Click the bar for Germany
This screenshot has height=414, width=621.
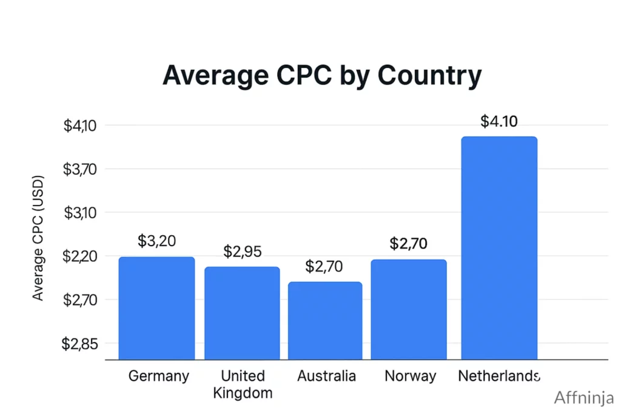coord(156,308)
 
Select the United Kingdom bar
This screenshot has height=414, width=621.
coord(242,313)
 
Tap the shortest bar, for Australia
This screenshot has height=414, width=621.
coord(324,321)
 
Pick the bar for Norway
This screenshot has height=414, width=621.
coord(408,309)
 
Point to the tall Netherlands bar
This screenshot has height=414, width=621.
coord(499,248)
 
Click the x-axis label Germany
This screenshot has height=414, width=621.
coord(159,376)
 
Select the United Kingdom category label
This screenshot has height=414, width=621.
coord(243,384)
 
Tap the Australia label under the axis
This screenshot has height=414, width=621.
coord(326,376)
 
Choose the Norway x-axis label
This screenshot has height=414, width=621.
coord(410,376)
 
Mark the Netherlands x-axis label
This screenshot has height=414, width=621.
coord(498,376)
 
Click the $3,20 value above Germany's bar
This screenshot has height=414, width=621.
coord(156,241)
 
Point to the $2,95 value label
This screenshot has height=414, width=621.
coord(242,252)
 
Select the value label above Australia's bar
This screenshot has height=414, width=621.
coord(324,266)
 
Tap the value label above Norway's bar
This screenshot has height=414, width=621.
coord(408,244)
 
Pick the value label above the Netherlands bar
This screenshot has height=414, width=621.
coord(498,121)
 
